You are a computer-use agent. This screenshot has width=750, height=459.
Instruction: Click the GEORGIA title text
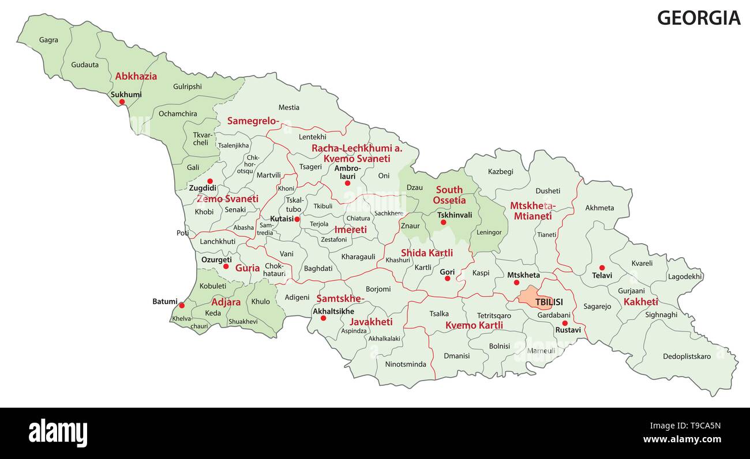(x=698, y=18)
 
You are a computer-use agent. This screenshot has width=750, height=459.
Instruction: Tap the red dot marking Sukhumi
(x=122, y=102)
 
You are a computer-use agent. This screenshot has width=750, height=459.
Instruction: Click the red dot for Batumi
(x=181, y=306)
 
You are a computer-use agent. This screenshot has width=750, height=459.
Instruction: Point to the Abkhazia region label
(x=136, y=76)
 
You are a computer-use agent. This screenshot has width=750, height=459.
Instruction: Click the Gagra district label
(x=48, y=40)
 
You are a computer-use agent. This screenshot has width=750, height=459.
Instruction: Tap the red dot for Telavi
(x=602, y=268)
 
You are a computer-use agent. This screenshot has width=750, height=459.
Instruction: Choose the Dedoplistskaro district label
(x=687, y=356)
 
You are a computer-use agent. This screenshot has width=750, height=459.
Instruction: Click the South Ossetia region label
(x=449, y=195)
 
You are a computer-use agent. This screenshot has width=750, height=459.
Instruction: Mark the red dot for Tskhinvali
(x=443, y=223)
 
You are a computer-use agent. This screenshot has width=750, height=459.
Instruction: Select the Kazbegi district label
(x=500, y=172)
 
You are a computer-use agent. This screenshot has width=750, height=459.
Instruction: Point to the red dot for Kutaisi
(x=297, y=219)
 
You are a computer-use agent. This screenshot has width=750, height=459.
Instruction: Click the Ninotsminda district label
(x=405, y=364)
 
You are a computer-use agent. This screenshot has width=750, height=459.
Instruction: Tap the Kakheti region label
(x=640, y=302)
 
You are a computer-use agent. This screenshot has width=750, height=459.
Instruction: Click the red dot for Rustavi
(x=565, y=323)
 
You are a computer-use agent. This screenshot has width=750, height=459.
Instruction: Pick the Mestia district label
(x=288, y=107)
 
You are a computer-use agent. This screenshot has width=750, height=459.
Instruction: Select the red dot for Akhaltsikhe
(x=323, y=318)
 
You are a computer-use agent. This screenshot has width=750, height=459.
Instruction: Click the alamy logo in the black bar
(x=58, y=432)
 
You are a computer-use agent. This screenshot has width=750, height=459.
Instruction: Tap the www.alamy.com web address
(x=682, y=439)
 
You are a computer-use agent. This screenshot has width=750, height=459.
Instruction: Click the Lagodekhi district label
(x=685, y=276)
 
